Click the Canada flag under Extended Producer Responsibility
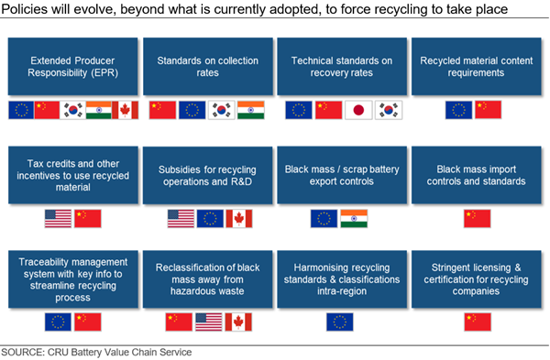point(126,110)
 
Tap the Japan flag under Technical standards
point(358,110)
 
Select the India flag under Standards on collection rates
point(251,110)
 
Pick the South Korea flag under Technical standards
point(389,110)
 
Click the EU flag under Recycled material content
point(459,110)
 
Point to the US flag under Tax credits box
point(58,219)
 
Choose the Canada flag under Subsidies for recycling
point(239,219)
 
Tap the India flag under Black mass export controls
point(354,219)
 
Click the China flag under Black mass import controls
point(477,219)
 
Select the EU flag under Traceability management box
point(58,322)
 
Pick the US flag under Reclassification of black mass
point(209,322)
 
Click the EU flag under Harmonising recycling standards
point(339,322)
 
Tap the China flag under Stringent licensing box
point(478,322)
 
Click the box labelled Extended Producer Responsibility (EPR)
point(73,67)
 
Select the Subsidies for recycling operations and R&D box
point(208,175)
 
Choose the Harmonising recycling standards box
point(342,279)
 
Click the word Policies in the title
point(24,9)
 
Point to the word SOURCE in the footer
point(22,352)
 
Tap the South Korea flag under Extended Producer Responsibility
point(72,110)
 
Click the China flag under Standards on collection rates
point(162,110)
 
